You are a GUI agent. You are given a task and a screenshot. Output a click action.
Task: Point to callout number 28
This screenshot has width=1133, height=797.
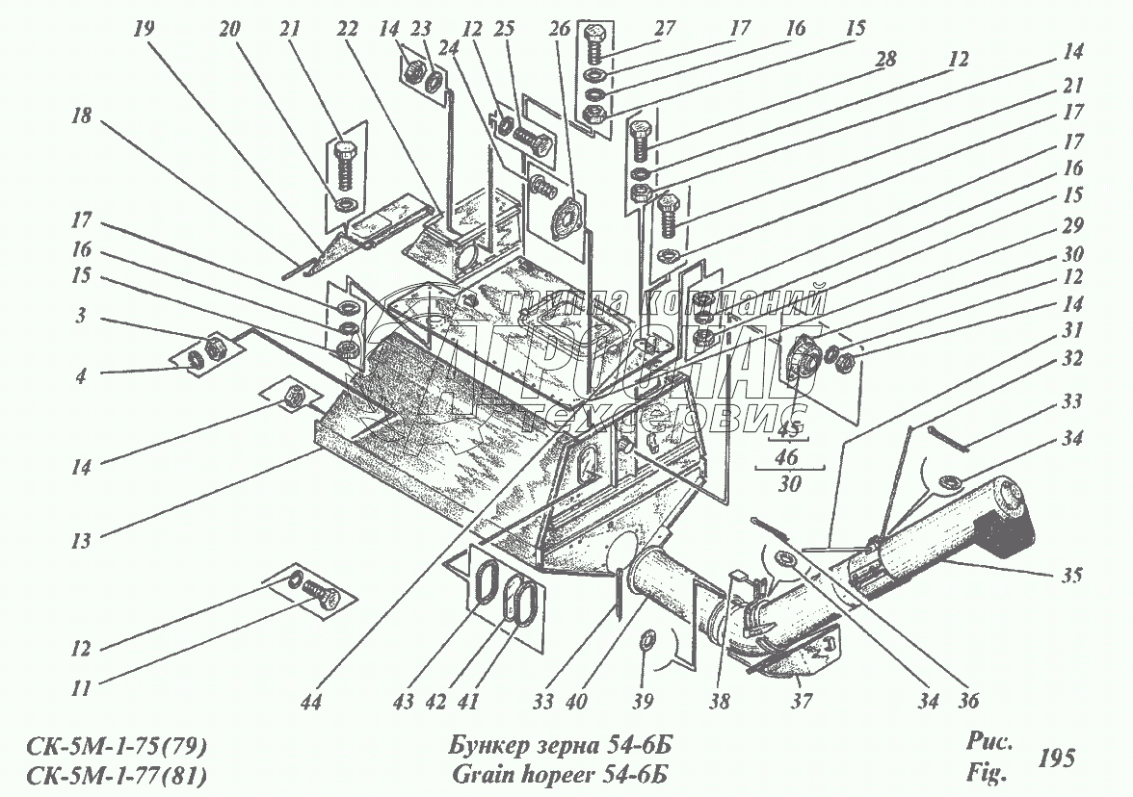883,59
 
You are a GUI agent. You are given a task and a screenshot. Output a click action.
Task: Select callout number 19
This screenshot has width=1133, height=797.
144,30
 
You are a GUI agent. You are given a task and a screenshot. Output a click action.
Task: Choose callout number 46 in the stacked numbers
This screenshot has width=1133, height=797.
789,457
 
